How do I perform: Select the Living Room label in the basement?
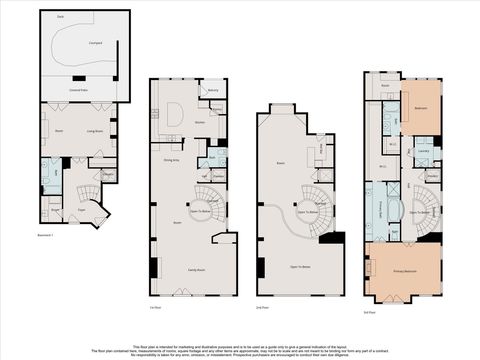tap(96, 131)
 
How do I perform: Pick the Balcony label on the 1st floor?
tap(213, 91)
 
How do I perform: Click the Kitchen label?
tap(200, 122)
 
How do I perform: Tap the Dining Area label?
tap(171, 159)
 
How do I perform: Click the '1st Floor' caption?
tap(155, 308)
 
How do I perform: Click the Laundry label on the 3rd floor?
tap(423, 151)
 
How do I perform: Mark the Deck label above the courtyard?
tap(60, 17)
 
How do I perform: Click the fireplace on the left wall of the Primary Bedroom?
tap(368, 270)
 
